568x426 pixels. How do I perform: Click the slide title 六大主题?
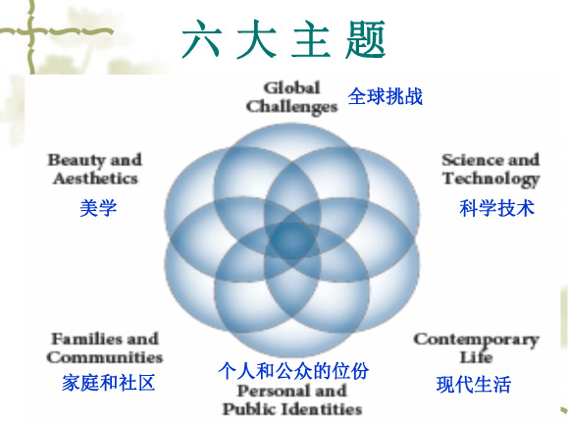click(x=284, y=39)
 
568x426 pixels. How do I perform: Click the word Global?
click(x=292, y=87)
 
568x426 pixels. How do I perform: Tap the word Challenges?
click(x=291, y=107)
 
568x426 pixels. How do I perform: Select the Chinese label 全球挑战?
click(x=386, y=96)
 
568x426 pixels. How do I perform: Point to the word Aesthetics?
click(x=95, y=179)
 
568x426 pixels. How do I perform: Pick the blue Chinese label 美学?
click(x=98, y=208)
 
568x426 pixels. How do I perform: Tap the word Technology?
click(x=491, y=180)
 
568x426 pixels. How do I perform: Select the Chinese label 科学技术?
click(x=497, y=208)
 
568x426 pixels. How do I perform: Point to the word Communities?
click(x=105, y=357)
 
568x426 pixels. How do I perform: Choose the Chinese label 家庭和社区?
click(x=108, y=383)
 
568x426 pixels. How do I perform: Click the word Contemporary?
click(x=477, y=341)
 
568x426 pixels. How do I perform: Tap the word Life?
click(x=476, y=357)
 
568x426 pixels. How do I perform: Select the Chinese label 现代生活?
click(x=474, y=385)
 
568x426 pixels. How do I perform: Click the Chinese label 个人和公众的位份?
click(x=293, y=371)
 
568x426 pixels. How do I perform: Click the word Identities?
click(x=322, y=409)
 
